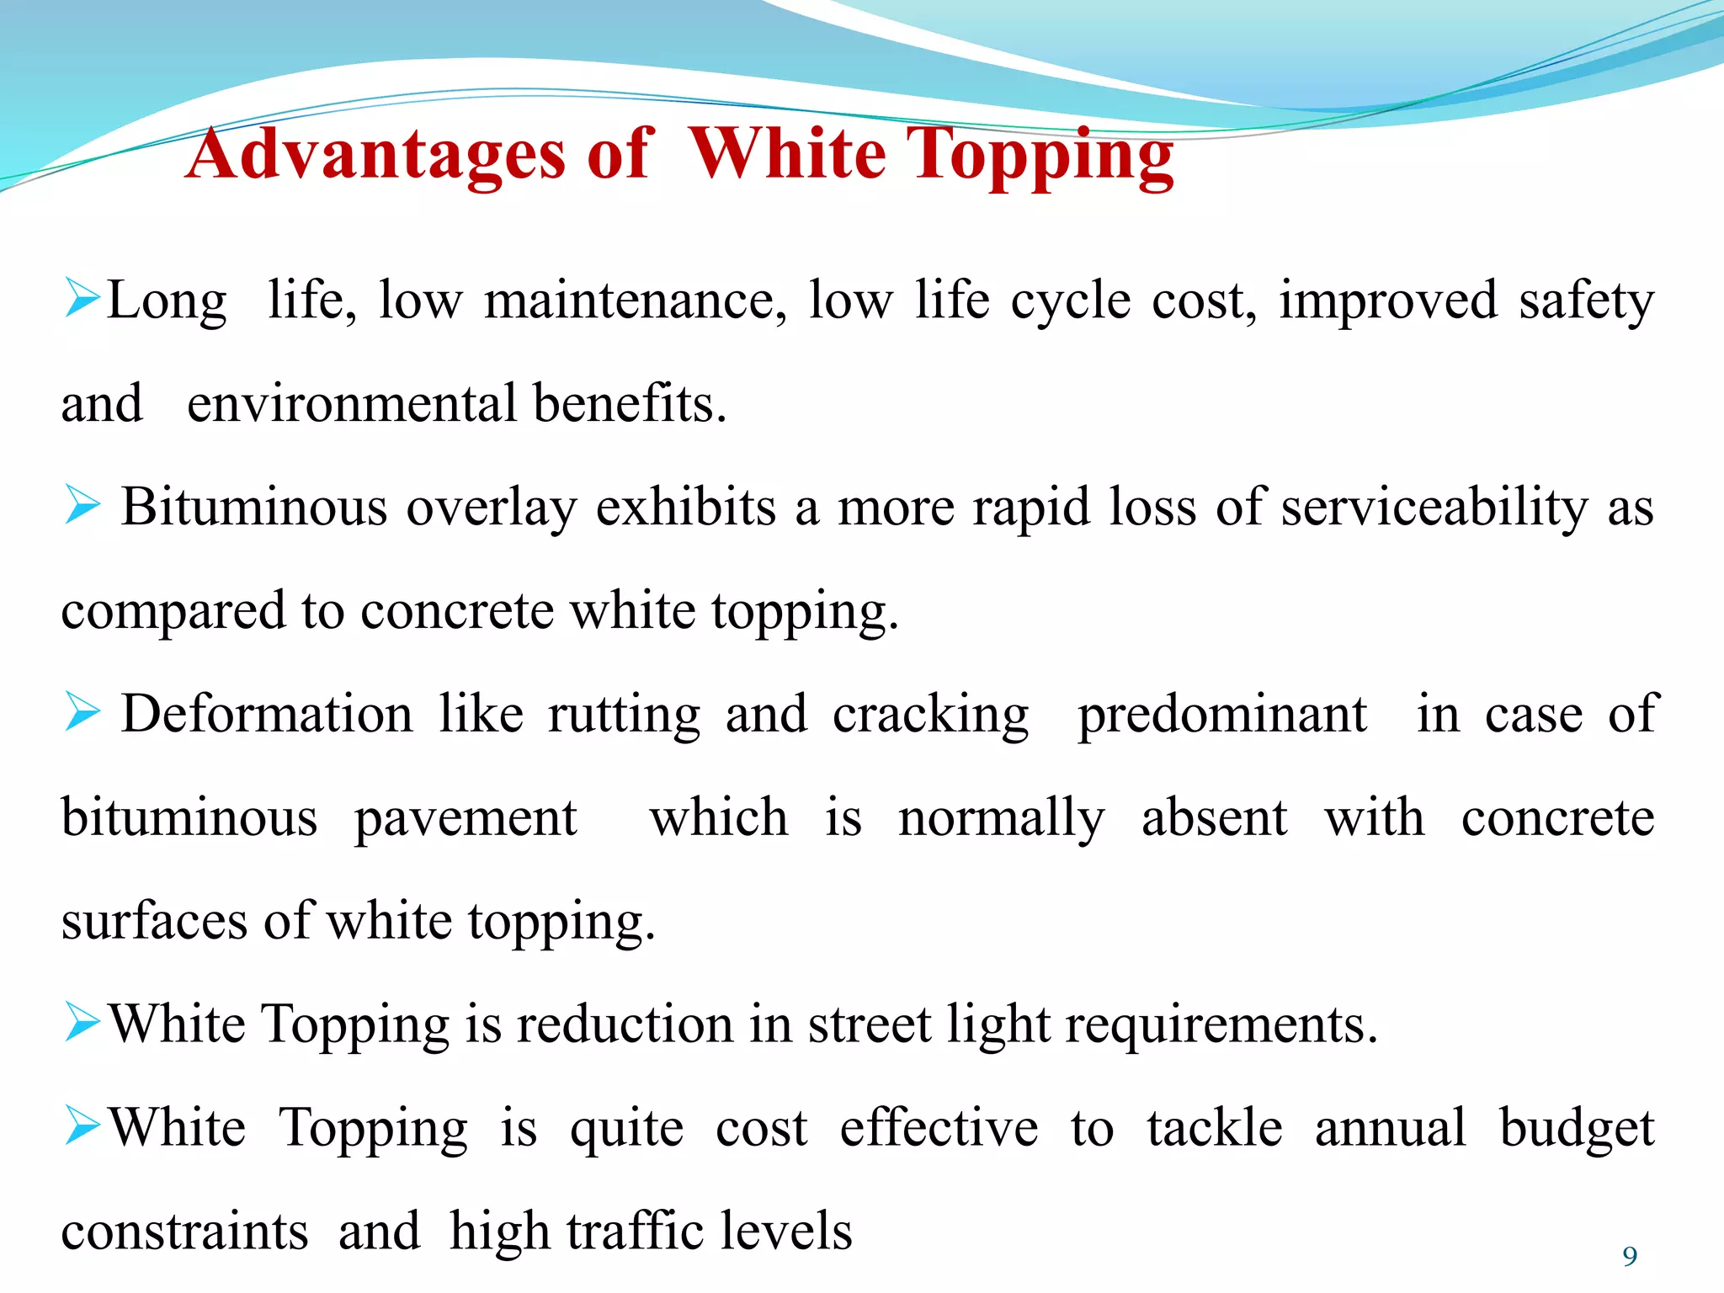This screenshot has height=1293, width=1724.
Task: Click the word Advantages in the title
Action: pyautogui.click(x=375, y=155)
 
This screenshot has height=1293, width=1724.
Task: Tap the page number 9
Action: pyautogui.click(x=1630, y=1256)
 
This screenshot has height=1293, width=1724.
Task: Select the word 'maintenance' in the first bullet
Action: pyautogui.click(x=636, y=301)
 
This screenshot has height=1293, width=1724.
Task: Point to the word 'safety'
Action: pyautogui.click(x=1586, y=301)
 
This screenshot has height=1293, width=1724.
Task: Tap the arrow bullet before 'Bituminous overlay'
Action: pyautogui.click(x=82, y=506)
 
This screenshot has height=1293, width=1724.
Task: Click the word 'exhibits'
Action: pyautogui.click(x=686, y=508)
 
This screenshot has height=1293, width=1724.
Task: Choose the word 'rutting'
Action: pyautogui.click(x=624, y=716)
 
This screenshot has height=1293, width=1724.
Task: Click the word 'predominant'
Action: pyautogui.click(x=1222, y=716)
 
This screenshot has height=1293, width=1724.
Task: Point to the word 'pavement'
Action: pyautogui.click(x=466, y=819)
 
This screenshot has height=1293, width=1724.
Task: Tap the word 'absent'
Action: pyautogui.click(x=1214, y=817)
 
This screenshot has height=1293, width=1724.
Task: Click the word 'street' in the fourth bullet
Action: pyautogui.click(x=869, y=1025)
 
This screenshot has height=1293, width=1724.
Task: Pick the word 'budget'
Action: pyautogui.click(x=1577, y=1130)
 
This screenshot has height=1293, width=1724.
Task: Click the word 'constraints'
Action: pyautogui.click(x=185, y=1232)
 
